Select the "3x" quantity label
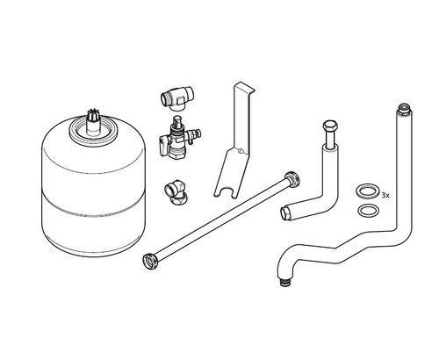pos(385,196)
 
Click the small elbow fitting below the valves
pos(174,192)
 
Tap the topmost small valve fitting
pos(177,97)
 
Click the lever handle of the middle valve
pos(164,146)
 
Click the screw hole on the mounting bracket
pos(240,151)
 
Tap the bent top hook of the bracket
pos(245,87)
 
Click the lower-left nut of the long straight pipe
pos(151,262)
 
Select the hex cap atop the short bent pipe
pos(330,126)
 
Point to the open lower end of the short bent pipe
pos(286,213)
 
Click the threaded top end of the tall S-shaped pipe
pos(404,107)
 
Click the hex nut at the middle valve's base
pos(177,155)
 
